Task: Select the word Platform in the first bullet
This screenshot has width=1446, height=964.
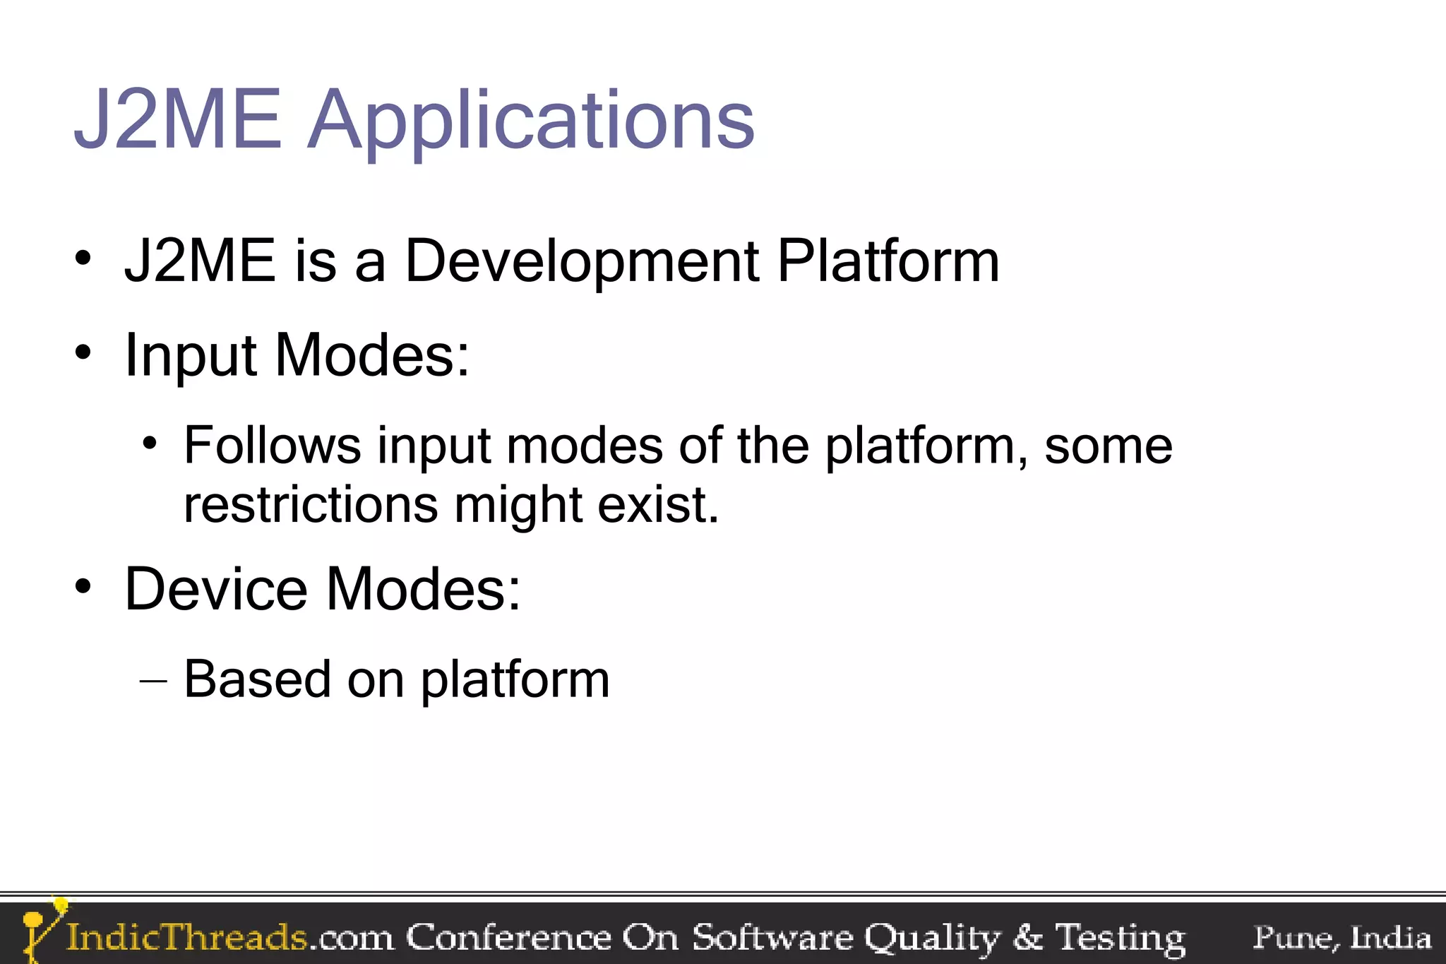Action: coord(888,261)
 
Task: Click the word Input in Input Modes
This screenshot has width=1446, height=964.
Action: coord(189,356)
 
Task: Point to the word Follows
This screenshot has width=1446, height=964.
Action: coord(273,446)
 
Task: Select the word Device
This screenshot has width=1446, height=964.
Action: coord(216,589)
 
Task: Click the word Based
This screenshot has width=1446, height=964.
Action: coord(257,679)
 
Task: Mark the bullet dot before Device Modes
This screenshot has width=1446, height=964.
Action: coord(83,586)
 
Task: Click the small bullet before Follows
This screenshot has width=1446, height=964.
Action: coord(149,444)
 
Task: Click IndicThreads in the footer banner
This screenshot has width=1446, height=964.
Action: coord(186,938)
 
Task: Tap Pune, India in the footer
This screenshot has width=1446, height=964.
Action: coord(1342,938)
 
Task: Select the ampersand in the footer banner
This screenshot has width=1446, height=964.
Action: coord(1028,938)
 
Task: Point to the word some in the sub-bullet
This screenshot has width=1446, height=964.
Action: coord(1109,446)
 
